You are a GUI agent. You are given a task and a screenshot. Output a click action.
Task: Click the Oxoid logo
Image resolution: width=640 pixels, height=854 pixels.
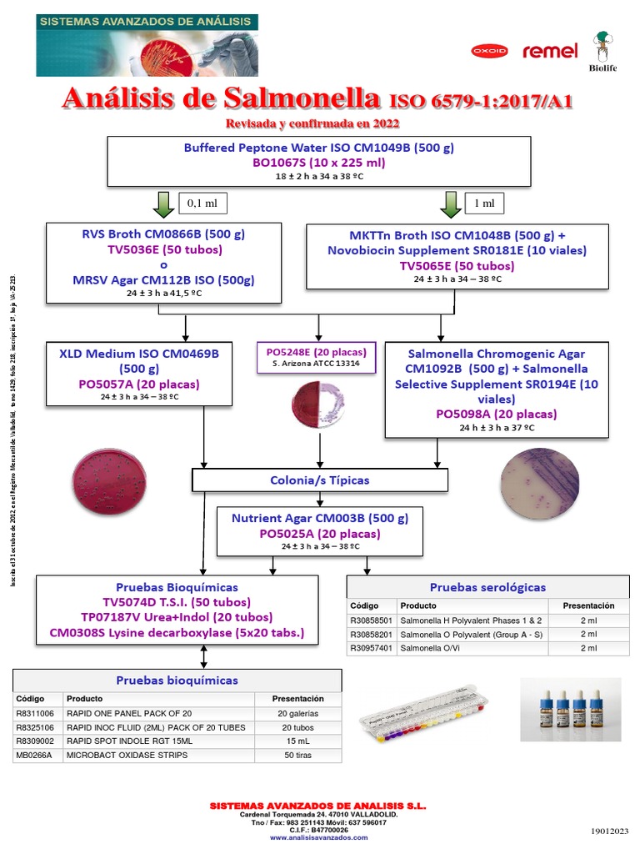tap(489, 51)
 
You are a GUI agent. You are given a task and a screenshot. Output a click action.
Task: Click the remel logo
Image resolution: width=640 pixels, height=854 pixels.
tap(550, 51)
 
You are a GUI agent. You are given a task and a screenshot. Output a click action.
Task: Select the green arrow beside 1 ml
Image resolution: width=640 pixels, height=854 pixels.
tap(451, 203)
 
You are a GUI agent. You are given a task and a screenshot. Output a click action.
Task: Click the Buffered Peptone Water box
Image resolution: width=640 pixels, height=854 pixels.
tap(319, 161)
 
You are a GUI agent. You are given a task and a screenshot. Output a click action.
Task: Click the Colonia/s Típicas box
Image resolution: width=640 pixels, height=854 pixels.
tap(320, 480)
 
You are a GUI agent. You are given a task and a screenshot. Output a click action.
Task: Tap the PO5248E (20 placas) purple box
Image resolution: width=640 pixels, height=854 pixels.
tap(317, 357)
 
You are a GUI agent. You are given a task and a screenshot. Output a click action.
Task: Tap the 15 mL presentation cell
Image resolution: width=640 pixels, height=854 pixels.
tap(297, 741)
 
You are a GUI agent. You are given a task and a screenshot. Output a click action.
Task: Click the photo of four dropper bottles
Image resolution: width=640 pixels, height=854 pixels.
tap(570, 710)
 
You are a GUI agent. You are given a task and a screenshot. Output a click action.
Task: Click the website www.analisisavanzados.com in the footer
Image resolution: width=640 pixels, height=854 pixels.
tap(318, 837)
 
